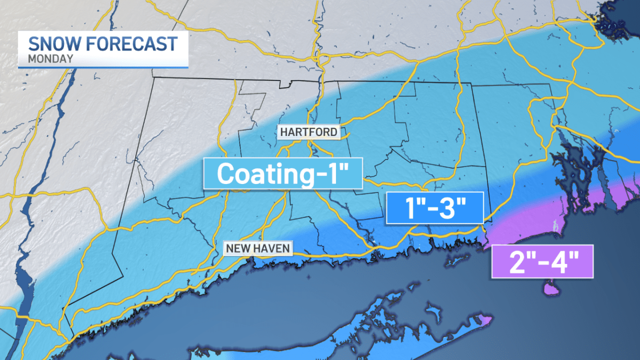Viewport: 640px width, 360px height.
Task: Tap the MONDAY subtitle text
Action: [x=51, y=59]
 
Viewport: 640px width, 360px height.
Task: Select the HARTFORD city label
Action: [x=308, y=132]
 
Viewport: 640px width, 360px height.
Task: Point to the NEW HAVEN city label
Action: [x=258, y=248]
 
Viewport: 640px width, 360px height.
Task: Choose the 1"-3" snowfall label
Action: [x=434, y=207]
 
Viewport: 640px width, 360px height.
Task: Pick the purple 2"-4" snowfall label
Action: [x=542, y=261]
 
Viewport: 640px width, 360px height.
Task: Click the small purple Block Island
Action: [x=550, y=290]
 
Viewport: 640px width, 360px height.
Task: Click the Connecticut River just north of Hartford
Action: [x=318, y=96]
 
